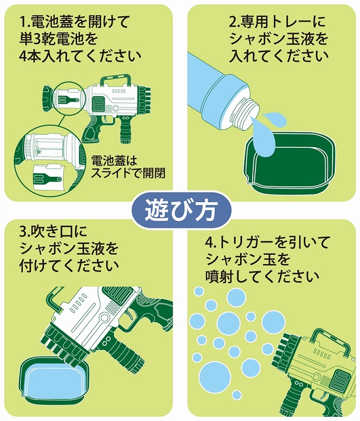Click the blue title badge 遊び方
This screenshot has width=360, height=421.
coord(181,209)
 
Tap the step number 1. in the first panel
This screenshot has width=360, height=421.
coord(25,22)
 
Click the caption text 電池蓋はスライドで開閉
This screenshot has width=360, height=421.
coord(128,167)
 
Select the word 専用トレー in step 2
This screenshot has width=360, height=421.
coord(279,22)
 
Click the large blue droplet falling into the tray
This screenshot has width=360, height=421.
coord(264,134)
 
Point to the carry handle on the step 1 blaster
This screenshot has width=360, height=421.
coord(115,79)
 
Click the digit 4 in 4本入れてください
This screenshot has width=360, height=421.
coord(24,56)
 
